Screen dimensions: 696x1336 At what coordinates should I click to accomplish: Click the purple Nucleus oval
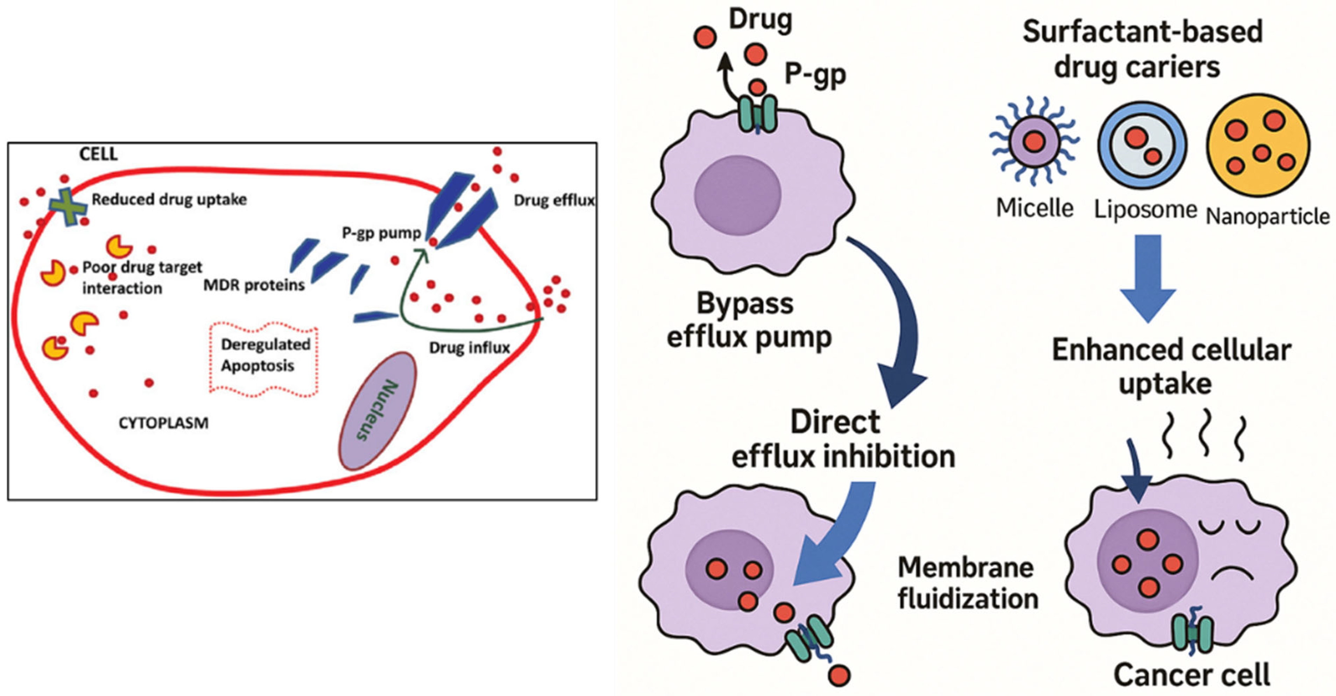pos(377,411)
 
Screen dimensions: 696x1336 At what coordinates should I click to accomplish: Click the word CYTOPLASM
pos(163,423)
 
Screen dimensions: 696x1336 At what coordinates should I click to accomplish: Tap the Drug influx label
pos(469,348)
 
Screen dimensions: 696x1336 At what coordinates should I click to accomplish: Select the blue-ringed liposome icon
pos(1143,145)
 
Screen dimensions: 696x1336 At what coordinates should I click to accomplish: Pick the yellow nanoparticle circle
pos(1258,145)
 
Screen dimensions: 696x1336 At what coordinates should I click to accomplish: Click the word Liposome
pos(1145,210)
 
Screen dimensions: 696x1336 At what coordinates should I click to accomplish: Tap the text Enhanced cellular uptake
pos(1171,366)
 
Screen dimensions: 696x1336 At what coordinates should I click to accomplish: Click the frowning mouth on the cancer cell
pos(1233,574)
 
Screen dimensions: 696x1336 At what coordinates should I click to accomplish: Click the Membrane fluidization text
pos(967,583)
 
